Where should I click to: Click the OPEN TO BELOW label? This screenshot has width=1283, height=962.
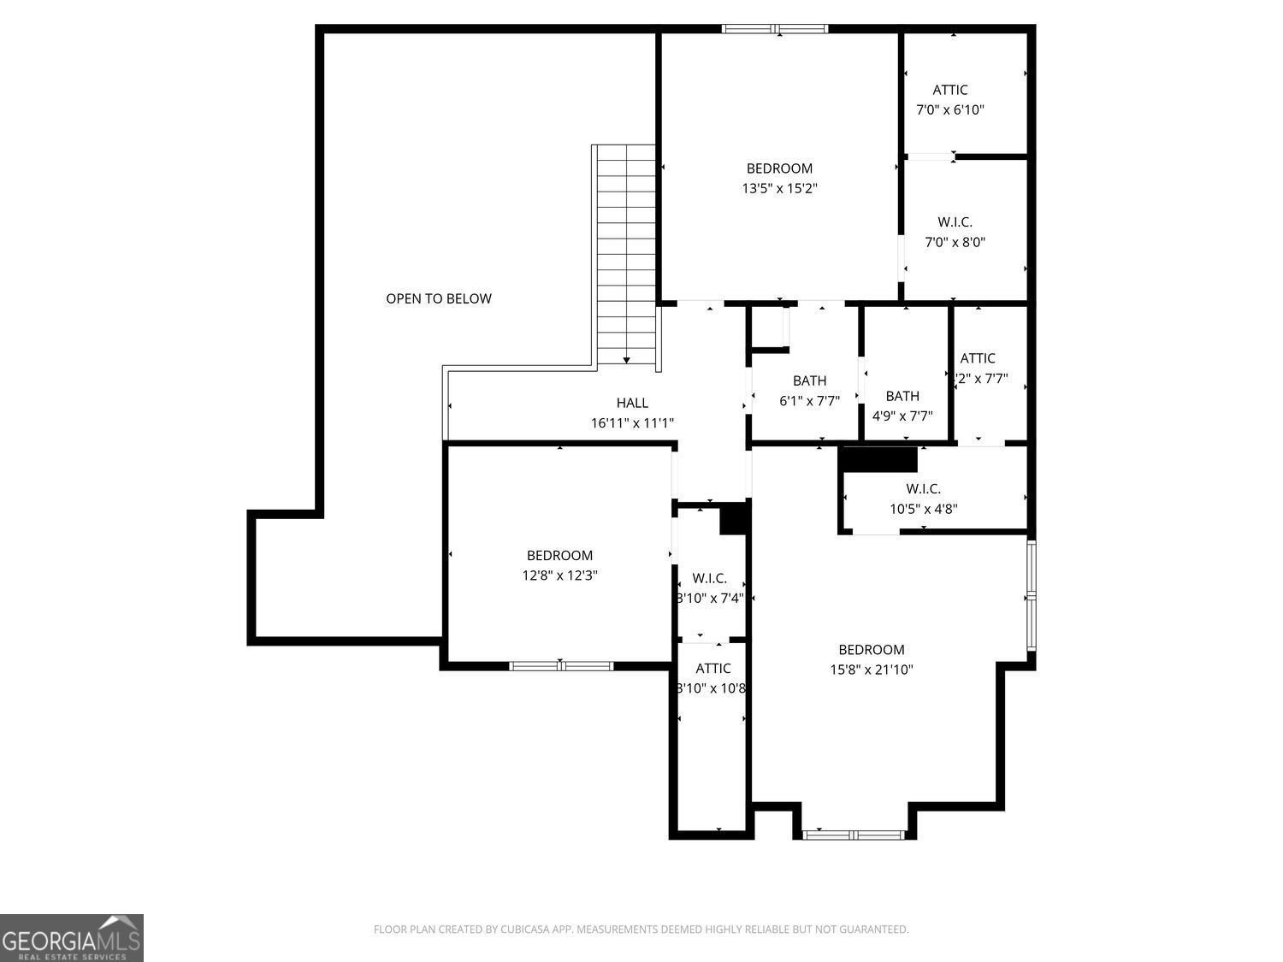(x=439, y=298)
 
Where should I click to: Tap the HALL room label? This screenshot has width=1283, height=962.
(x=632, y=403)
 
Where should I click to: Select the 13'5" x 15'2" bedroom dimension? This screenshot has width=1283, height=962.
(x=779, y=188)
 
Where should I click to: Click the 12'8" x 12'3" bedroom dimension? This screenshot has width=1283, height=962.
(x=559, y=575)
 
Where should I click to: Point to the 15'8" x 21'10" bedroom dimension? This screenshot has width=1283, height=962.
(x=871, y=670)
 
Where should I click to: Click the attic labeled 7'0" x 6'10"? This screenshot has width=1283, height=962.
(x=949, y=99)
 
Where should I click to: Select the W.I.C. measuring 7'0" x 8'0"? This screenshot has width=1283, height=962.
(x=955, y=232)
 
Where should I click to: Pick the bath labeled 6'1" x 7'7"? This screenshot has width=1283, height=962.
(x=809, y=390)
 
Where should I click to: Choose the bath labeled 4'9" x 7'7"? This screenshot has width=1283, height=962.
(x=902, y=406)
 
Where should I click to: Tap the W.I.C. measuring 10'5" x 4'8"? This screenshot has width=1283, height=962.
(x=923, y=499)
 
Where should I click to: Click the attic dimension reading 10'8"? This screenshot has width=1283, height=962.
(x=712, y=688)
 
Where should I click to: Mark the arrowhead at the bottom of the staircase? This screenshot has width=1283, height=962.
(x=627, y=361)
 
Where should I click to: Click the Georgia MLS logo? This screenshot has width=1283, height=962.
(x=72, y=938)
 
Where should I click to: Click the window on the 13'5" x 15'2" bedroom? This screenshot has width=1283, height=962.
(x=775, y=29)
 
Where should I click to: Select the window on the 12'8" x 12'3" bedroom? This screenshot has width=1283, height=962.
(x=561, y=665)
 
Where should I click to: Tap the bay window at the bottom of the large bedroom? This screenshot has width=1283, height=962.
(x=854, y=834)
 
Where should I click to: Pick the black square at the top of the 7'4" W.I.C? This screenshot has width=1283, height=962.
(x=734, y=519)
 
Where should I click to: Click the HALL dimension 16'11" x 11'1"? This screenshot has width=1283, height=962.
(x=632, y=422)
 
